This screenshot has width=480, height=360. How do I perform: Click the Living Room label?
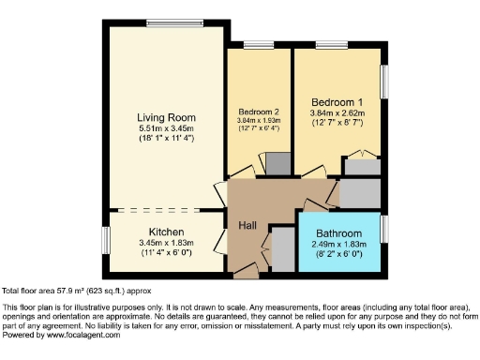tap(165, 117)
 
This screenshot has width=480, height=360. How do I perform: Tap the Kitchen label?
tap(165, 232)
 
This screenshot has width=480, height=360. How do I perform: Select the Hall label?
tap(247, 226)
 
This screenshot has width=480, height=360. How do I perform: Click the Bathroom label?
tap(338, 232)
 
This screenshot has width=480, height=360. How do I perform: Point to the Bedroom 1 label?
tap(337, 100)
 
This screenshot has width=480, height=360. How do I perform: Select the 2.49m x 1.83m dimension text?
tap(338, 245)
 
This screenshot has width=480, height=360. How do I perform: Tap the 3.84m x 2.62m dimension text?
tap(337, 112)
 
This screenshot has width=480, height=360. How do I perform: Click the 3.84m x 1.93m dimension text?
tap(258, 120)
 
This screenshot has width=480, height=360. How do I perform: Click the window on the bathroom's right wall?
tap(384, 228)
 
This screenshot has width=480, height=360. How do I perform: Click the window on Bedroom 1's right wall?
tap(383, 79)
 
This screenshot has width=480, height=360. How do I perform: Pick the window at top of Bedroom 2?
tap(259, 43)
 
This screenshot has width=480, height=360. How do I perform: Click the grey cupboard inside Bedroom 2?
tap(277, 163)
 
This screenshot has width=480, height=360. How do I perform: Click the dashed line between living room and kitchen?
tap(165, 209)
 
